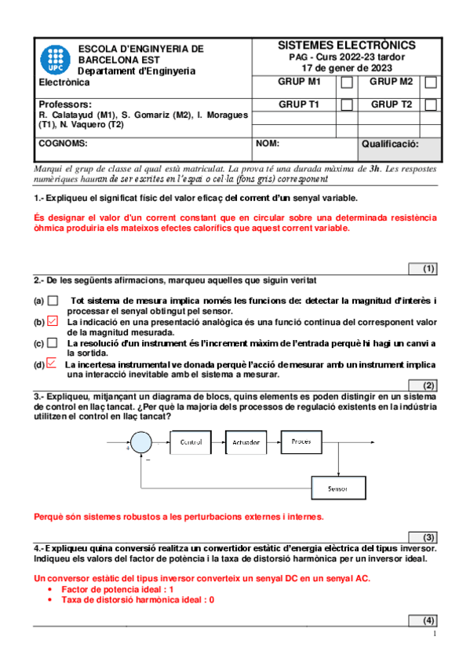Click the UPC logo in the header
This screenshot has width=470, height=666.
(56, 59)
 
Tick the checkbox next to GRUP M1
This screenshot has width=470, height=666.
(347, 82)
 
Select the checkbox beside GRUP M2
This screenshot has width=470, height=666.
(431, 82)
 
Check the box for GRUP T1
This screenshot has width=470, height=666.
(347, 104)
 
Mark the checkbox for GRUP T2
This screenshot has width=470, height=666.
(431, 104)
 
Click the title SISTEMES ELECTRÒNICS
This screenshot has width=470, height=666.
(347, 46)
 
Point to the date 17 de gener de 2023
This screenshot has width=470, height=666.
(347, 68)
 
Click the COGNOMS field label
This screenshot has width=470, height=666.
(63, 145)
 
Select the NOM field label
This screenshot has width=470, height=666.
(268, 145)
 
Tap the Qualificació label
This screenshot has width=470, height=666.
(390, 145)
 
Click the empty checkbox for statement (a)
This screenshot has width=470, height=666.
(53, 300)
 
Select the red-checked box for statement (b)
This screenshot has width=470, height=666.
(53, 321)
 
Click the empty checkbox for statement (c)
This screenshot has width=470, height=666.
(53, 343)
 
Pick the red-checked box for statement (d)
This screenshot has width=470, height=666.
(52, 364)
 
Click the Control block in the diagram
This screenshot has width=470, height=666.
(191, 443)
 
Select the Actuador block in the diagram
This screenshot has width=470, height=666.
(247, 443)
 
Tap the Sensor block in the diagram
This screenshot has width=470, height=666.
(338, 489)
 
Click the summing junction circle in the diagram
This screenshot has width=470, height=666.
(141, 443)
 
